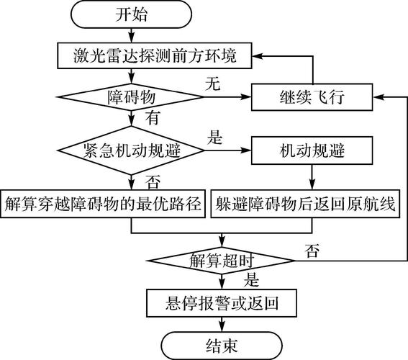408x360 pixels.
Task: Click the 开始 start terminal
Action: click(131, 14)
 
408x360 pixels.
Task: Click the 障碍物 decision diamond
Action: click(131, 96)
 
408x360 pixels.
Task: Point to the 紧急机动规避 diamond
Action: click(131, 150)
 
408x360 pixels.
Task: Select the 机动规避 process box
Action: click(312, 150)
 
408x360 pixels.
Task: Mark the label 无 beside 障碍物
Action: click(212, 84)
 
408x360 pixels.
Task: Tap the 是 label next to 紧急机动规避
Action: click(214, 137)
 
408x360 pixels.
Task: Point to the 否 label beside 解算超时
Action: click(312, 250)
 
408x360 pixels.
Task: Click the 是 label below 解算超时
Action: click(252, 278)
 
